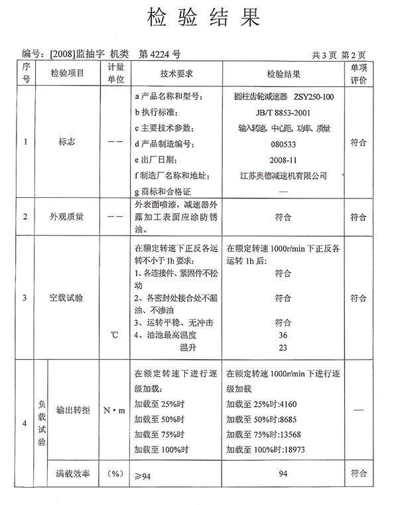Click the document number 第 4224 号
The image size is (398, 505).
click(x=159, y=55)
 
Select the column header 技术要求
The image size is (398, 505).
click(x=176, y=74)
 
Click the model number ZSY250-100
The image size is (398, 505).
click(x=314, y=98)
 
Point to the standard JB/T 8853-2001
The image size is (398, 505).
click(x=283, y=112)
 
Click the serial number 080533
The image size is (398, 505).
click(x=283, y=143)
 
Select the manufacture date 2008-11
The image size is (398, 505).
click(x=283, y=159)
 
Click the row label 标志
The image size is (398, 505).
click(x=67, y=141)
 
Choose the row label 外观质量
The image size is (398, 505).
click(x=67, y=216)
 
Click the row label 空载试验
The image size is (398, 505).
click(x=67, y=298)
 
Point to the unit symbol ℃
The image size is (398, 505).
click(x=115, y=334)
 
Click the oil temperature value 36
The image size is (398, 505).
click(x=283, y=335)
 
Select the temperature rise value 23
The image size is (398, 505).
click(x=283, y=347)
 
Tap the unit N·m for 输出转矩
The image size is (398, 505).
click(x=114, y=411)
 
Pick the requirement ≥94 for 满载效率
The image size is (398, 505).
click(x=143, y=476)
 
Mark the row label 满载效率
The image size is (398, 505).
click(x=73, y=474)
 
